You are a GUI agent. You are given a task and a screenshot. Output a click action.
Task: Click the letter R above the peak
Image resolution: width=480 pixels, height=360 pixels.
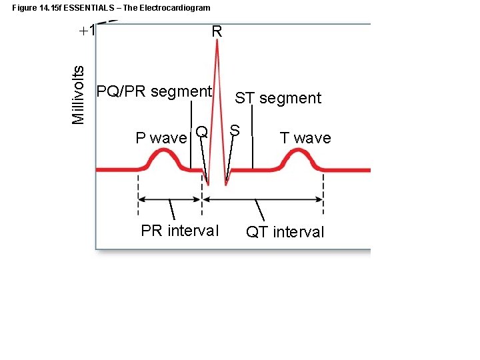click(217, 31)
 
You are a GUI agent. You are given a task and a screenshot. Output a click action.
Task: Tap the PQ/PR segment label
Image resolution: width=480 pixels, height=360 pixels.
click(154, 91)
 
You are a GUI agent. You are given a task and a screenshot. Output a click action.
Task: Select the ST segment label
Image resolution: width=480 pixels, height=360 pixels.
click(277, 99)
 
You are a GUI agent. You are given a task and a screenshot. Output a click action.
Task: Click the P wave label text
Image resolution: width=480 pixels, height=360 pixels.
click(161, 138)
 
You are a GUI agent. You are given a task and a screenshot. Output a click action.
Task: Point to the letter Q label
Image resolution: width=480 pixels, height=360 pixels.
click(202, 133)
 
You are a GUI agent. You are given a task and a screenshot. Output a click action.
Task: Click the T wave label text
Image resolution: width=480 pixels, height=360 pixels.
click(305, 138)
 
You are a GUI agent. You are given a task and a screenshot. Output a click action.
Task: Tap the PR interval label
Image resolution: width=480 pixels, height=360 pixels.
click(179, 231)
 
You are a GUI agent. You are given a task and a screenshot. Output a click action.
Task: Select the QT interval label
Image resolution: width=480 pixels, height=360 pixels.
click(285, 232)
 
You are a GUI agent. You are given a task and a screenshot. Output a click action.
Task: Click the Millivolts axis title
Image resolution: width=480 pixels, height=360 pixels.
click(79, 94)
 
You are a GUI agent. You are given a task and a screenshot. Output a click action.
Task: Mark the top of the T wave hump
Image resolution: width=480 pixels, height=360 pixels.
click(297, 149)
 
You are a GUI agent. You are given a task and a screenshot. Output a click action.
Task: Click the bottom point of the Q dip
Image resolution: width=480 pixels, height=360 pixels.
click(207, 184)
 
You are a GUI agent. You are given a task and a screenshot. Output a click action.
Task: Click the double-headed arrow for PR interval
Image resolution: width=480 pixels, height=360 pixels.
click(169, 198)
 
